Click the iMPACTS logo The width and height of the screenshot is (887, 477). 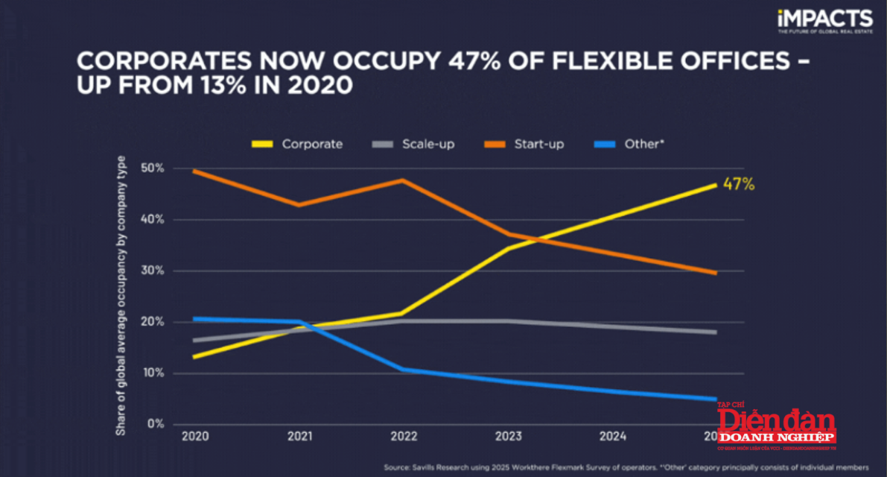824,20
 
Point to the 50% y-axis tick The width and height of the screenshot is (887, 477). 152,168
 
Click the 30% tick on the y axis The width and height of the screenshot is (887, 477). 152,271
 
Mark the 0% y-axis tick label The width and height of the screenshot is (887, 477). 155,424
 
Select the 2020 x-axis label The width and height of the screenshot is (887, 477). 194,437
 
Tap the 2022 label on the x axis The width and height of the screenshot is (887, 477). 403,437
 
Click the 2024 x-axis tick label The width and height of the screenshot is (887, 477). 611,437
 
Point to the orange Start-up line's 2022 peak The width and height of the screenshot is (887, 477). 403,180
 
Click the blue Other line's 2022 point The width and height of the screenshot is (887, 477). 403,369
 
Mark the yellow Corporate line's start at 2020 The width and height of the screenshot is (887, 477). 194,357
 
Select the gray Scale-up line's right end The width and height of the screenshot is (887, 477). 716,332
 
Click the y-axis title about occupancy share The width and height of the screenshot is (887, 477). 121,295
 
